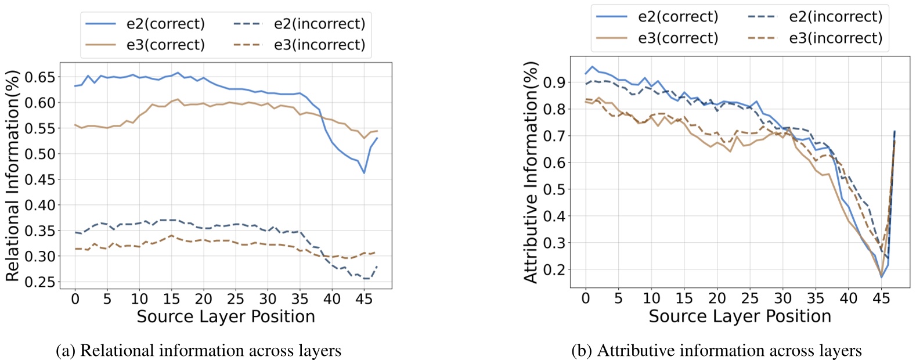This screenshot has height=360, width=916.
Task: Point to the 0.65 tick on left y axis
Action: [39, 77]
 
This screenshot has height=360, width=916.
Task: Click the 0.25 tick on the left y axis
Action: [39, 282]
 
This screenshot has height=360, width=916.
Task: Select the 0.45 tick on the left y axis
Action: [39, 179]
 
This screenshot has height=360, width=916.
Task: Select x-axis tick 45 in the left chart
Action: [364, 299]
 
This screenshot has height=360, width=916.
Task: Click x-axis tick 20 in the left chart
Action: [203, 299]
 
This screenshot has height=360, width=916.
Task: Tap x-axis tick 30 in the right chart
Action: [782, 298]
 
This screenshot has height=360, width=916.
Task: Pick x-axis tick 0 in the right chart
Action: [586, 298]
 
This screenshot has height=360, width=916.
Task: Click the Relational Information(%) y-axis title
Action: [13, 175]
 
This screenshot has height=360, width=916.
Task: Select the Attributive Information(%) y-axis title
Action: [531, 172]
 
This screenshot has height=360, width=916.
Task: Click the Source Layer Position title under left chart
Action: [226, 316]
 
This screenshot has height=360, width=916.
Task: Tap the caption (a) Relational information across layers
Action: [199, 351]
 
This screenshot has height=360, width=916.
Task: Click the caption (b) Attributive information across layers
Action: [716, 351]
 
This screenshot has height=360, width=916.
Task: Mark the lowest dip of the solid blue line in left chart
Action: [364, 172]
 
